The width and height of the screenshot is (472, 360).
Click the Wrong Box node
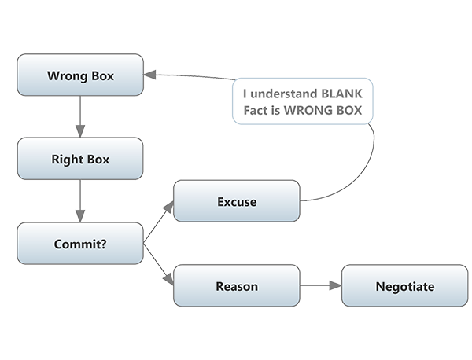[80, 75]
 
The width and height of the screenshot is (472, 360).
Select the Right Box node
[80, 159]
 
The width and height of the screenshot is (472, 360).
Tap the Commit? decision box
[80, 243]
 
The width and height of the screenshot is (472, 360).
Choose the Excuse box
[236, 201]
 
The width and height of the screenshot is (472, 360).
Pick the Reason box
[236, 286]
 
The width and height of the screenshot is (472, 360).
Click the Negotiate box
[404, 286]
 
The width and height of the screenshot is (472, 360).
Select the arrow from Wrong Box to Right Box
[80, 117]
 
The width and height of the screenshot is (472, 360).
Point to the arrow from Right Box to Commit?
[80, 201]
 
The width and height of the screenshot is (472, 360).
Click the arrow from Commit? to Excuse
[158, 222]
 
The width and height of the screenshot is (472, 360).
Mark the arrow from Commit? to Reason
[158, 265]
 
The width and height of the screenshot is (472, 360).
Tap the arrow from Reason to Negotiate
[320, 286]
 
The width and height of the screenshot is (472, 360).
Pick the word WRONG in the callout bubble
[309, 110]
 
